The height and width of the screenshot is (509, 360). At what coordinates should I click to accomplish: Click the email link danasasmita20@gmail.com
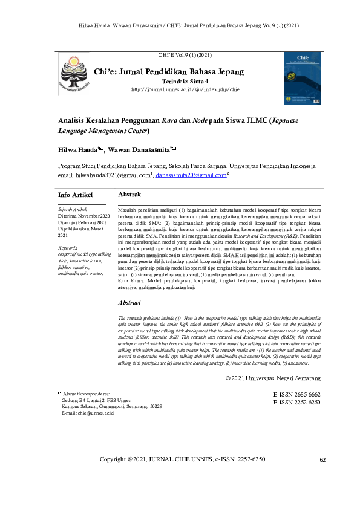pyautogui.click(x=191, y=175)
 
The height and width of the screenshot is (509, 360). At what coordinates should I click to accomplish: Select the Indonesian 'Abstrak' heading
pyautogui.click(x=129, y=195)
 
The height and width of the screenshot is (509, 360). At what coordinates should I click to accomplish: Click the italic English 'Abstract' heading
pyautogui.click(x=130, y=302)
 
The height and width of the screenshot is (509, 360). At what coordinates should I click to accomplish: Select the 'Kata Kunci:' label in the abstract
pyautogui.click(x=131, y=282)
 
